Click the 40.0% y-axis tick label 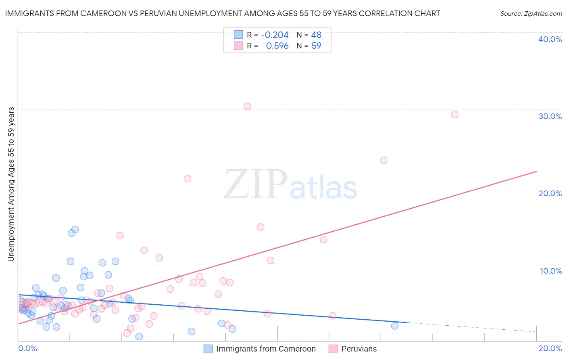pos(550,39)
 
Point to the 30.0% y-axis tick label pos(550,116)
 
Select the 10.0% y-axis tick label pos(551,271)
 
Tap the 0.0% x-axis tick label pos(27,348)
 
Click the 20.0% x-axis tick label pos(550,348)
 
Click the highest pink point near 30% pos(247,107)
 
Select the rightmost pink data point pos(454,115)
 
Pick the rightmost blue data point pos(394,326)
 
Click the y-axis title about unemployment pos(11,184)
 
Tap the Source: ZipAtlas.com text pos(531,14)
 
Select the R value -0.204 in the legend pos(275,35)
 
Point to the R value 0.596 pos(277,46)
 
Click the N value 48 pos(316,35)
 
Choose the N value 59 pos(316,46)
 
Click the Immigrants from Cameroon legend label pos(266,349)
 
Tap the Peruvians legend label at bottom pos(359,349)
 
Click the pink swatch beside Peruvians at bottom pos(333,349)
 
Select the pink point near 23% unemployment pos(384,161)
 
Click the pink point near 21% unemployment pos(187,178)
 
